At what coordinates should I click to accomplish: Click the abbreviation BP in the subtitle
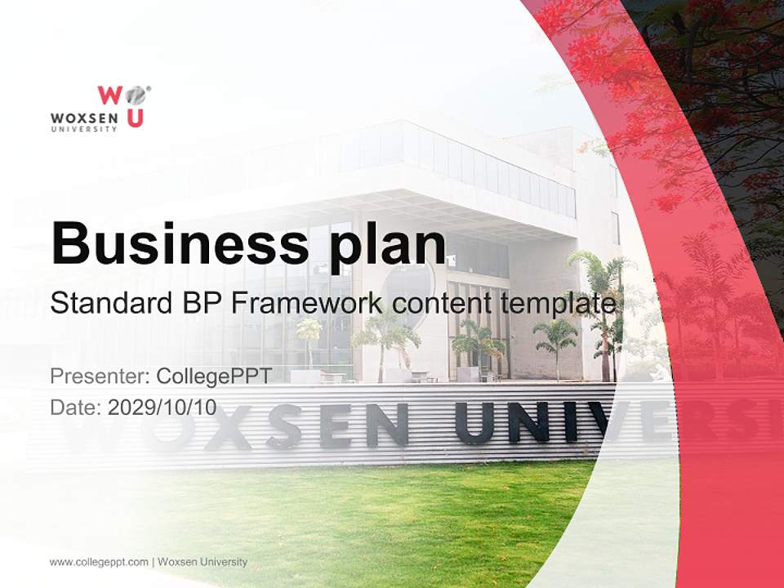tap(197, 304)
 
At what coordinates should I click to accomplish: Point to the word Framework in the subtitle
tap(305, 304)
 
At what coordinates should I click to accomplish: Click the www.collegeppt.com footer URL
tap(99, 562)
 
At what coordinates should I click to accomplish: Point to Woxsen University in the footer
tap(203, 562)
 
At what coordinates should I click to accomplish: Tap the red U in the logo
tap(135, 119)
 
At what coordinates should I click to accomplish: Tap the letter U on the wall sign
tap(474, 425)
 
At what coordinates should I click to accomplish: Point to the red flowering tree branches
tap(621, 49)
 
